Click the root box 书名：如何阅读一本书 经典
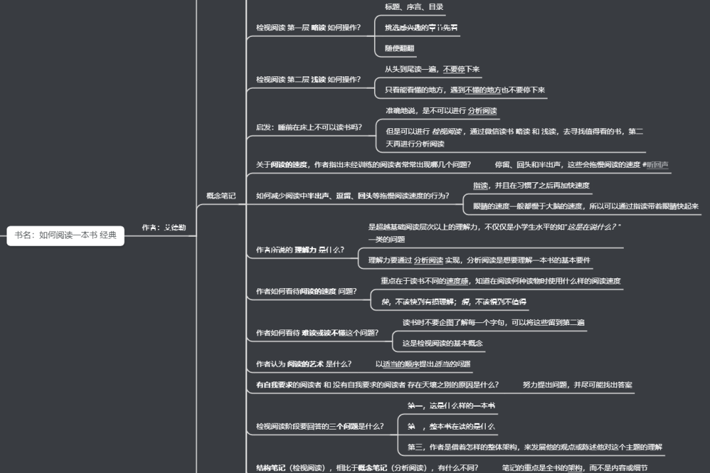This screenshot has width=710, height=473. coord(66,235)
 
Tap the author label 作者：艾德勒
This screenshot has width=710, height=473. coord(164,228)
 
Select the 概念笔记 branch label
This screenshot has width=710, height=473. coord(221,195)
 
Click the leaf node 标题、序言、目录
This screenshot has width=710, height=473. coord(414,7)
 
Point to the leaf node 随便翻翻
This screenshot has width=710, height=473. coord(400,48)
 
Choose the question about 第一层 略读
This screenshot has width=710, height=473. coord(308,28)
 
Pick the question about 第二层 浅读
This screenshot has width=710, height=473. coord(308,80)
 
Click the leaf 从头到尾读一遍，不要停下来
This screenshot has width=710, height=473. coord(432,69)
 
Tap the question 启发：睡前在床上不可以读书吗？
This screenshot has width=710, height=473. coord(308,127)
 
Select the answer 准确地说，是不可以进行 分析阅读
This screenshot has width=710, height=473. coord(441,111)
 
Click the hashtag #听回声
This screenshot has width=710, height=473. coord(655,164)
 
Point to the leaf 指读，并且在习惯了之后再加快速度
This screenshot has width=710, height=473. coord(531,186)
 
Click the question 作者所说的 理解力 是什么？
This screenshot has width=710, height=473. coord(300,250)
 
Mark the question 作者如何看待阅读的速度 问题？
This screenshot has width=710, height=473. coord(306,291)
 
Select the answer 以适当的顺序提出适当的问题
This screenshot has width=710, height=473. coord(423,364)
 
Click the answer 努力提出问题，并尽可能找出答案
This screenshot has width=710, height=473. coord(577,384)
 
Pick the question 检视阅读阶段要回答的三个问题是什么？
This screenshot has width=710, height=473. coord(320,426)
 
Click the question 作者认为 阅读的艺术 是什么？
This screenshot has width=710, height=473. coord(304,364)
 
